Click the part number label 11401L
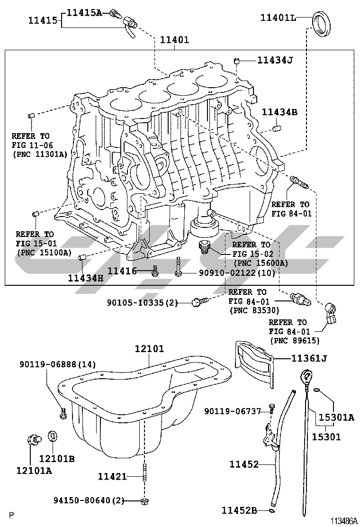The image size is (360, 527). pyautogui.click(x=278, y=18)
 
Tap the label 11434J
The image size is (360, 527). pyautogui.click(x=275, y=60)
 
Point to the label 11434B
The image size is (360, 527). pyautogui.click(x=280, y=112)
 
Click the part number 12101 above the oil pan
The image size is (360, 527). pyautogui.click(x=149, y=349)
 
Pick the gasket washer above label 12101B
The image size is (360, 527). pyautogui.click(x=53, y=436)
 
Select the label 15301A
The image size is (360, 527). pyautogui.click(x=336, y=417)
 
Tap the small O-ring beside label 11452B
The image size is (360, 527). pyautogui.click(x=270, y=510)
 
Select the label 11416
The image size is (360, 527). pyautogui.click(x=122, y=271)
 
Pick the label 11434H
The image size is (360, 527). pyautogui.click(x=85, y=278)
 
